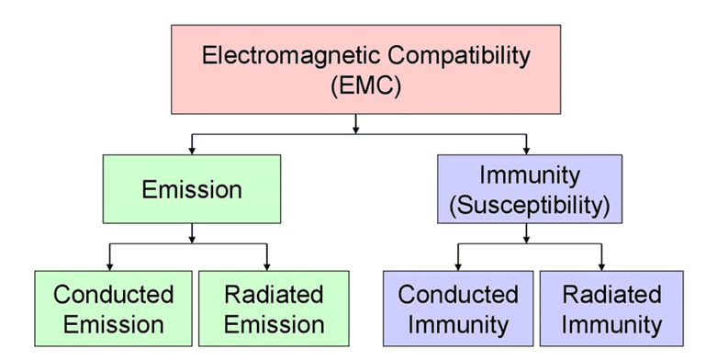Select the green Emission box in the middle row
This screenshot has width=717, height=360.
point(192,190)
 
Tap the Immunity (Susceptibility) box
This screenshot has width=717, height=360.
point(528,190)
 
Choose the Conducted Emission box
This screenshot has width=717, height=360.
point(113,309)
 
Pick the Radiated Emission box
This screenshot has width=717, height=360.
point(274,309)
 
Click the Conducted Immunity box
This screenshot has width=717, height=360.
point(457,309)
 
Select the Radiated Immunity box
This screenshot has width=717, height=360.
point(611,309)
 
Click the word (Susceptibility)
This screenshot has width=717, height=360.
point(528,206)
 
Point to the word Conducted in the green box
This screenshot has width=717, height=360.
point(113,295)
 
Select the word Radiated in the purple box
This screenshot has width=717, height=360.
point(611,295)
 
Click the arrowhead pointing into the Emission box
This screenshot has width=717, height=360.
point(192,149)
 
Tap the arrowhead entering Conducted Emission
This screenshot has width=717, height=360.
point(110,265)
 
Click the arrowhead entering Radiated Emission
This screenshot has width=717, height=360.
point(267,265)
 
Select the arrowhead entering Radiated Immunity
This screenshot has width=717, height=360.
point(601,265)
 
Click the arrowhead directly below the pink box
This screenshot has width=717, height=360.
point(356,128)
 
